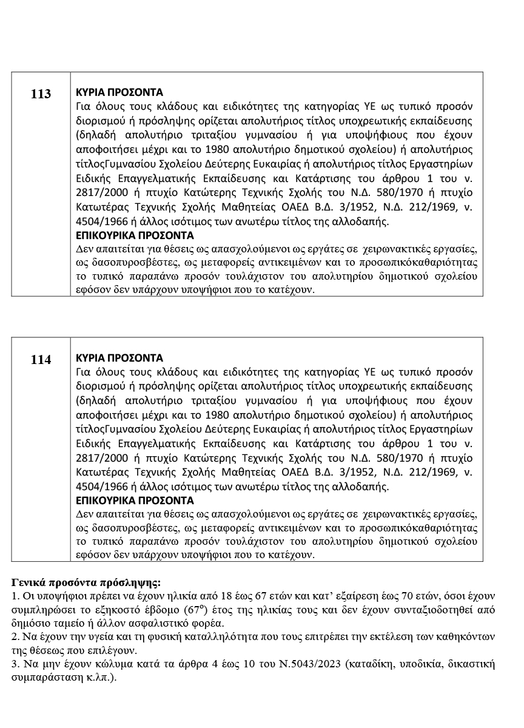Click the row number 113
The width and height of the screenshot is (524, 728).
(41, 94)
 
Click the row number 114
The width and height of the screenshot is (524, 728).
(41, 360)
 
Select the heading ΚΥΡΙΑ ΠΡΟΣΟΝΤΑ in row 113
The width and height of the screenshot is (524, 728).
(119, 93)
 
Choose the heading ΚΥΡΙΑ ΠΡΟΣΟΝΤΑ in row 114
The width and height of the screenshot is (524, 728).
(119, 358)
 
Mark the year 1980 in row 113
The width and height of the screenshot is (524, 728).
(219, 149)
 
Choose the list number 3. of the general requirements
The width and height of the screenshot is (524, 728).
(16, 664)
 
